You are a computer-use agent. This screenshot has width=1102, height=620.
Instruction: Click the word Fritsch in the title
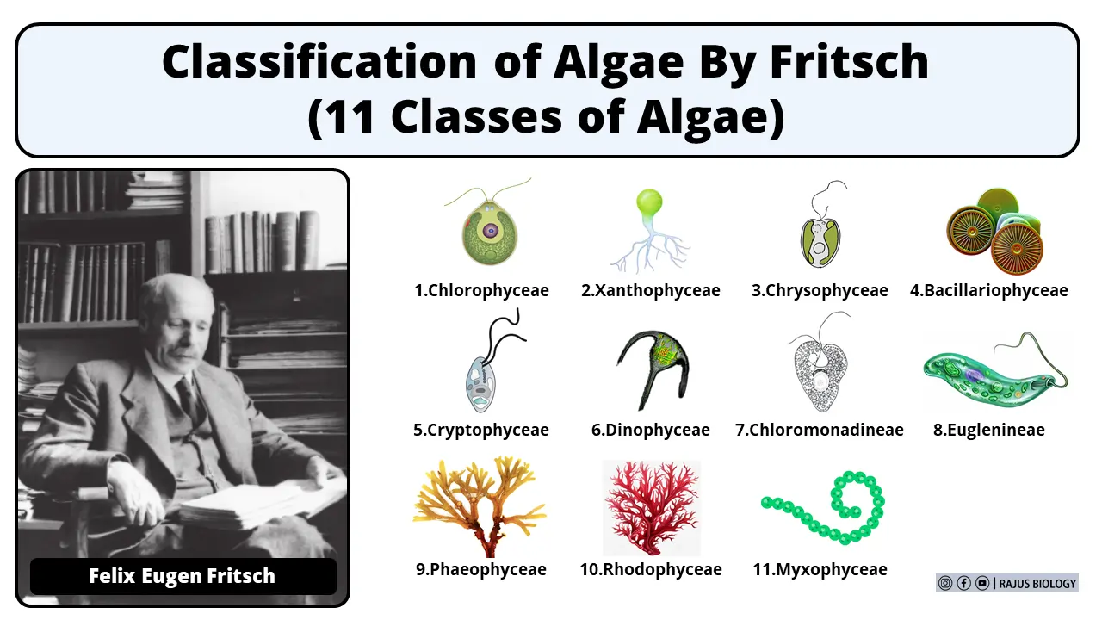(x=849, y=63)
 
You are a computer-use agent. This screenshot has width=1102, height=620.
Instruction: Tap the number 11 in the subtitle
(x=350, y=117)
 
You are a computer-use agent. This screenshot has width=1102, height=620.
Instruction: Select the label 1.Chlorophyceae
(x=481, y=290)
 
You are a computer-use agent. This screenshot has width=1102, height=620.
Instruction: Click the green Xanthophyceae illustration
(x=649, y=230)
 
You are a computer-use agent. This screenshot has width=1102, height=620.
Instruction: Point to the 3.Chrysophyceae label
(x=820, y=290)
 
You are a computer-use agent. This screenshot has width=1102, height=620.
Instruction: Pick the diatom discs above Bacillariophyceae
(x=994, y=231)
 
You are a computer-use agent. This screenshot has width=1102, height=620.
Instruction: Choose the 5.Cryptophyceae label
(x=481, y=430)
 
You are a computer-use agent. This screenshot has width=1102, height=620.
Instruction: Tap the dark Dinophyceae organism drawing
(x=653, y=370)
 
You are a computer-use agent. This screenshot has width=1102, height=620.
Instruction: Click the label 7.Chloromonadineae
(x=820, y=430)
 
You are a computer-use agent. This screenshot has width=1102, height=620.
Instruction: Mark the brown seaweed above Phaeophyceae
(x=480, y=507)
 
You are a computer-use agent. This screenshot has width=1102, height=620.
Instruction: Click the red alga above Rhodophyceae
(x=652, y=508)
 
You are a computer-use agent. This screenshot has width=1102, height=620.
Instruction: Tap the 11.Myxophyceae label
(x=820, y=569)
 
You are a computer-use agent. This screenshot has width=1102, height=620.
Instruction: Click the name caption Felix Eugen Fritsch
(x=182, y=576)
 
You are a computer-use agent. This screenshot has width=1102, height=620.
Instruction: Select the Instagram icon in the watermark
(x=945, y=583)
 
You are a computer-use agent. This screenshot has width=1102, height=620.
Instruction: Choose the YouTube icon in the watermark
(x=982, y=583)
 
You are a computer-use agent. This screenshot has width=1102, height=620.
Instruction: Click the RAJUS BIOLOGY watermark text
(x=1037, y=584)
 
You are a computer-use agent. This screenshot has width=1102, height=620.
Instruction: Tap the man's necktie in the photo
(x=189, y=400)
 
